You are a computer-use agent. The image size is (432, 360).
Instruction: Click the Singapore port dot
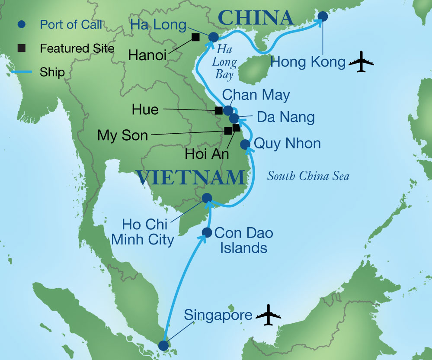pos(163,345)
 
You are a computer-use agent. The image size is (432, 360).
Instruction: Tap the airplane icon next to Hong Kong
pos(361,63)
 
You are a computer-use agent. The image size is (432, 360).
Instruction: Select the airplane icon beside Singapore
pos(268,315)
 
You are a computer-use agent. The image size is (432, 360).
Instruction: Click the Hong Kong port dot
pos(323,16)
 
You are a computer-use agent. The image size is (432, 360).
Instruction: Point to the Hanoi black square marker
pos(195,37)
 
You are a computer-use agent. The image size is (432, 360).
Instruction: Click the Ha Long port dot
pos(213,37)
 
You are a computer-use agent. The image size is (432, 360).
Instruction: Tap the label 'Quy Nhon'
pos(287,143)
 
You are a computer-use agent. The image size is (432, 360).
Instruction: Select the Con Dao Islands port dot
pos(207,233)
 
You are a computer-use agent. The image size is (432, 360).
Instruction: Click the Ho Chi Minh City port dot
pos(207,198)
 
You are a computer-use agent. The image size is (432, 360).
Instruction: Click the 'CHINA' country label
pos(256,18)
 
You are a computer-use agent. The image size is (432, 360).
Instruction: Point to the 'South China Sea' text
pos(308,176)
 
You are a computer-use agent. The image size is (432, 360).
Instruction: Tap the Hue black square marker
pos(219,110)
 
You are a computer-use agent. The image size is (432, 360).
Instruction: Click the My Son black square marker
pos(228,131)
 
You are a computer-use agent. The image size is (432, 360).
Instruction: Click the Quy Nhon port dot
pos(244,144)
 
